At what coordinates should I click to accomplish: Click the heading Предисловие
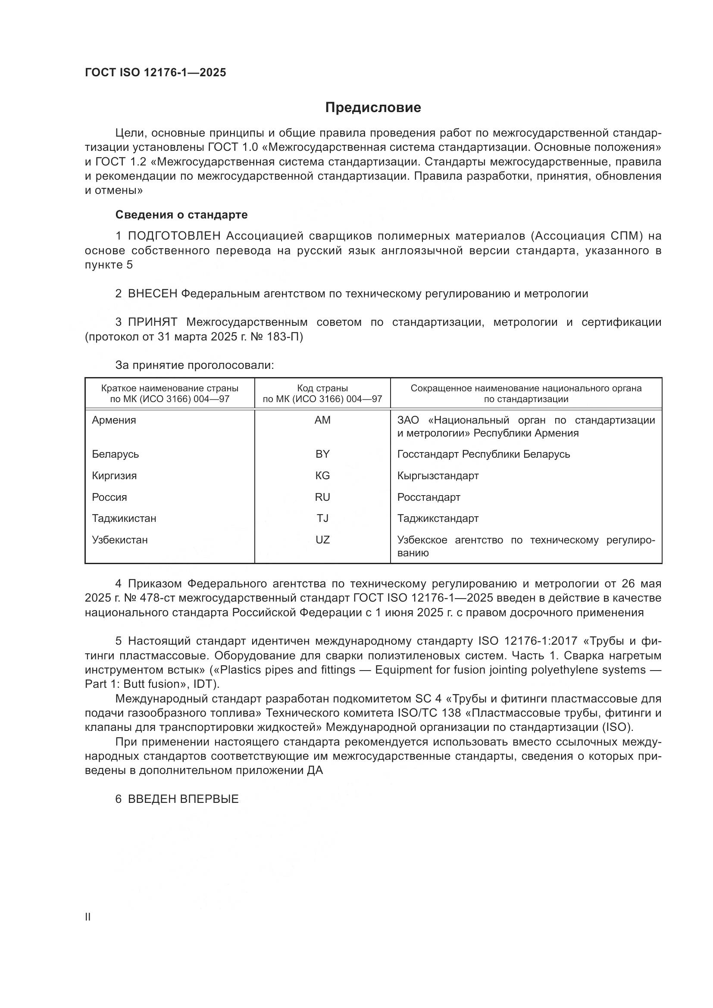click(373, 108)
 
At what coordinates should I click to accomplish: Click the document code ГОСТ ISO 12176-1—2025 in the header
click(156, 72)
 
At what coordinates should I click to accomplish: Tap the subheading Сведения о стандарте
click(181, 215)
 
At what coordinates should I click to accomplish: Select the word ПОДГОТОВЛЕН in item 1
click(174, 236)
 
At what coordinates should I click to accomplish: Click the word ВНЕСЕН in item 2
click(152, 294)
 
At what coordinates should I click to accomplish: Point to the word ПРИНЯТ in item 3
click(152, 322)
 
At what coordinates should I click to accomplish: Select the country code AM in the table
click(322, 420)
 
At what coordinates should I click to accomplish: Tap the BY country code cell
click(322, 454)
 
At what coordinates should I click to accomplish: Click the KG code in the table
click(322, 475)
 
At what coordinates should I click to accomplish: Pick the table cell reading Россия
click(109, 497)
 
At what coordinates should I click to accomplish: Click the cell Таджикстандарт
click(438, 518)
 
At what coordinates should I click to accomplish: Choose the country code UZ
click(322, 540)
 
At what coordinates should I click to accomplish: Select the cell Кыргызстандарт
click(438, 475)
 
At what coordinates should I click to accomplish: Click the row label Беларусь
click(116, 454)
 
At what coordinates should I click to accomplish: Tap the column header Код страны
click(322, 388)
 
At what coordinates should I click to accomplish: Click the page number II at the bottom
click(88, 917)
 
